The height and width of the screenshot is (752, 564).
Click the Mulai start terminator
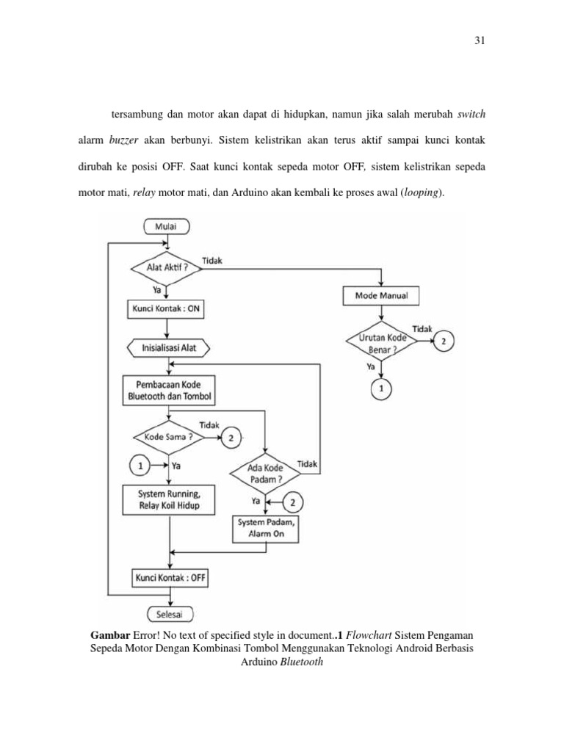click(x=170, y=227)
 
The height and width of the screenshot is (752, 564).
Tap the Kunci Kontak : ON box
click(x=165, y=309)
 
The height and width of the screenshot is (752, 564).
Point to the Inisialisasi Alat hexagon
click(x=168, y=346)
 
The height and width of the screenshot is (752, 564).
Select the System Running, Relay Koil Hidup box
click(x=169, y=499)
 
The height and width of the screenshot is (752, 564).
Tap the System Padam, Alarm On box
click(x=267, y=528)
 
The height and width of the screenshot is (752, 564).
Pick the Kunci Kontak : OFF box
click(x=170, y=578)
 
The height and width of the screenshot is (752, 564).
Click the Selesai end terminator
click(x=170, y=614)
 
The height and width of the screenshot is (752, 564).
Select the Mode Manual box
click(x=381, y=297)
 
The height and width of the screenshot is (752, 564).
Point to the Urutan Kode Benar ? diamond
click(x=381, y=341)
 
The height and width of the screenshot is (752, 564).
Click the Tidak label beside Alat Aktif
click(x=213, y=261)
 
